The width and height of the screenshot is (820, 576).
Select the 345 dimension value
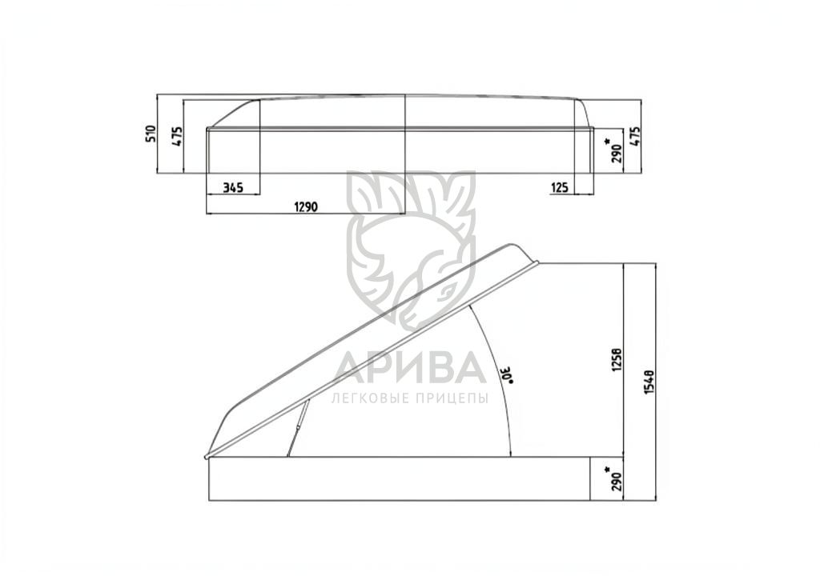[x=233, y=187]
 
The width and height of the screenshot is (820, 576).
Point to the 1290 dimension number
[x=305, y=207]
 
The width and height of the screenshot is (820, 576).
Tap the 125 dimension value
[x=559, y=187]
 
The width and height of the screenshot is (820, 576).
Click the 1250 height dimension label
[x=617, y=360]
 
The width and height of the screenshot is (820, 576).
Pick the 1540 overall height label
[x=649, y=382]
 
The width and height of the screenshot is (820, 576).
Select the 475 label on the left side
[x=177, y=136]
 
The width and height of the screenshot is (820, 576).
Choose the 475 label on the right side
[x=635, y=137]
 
